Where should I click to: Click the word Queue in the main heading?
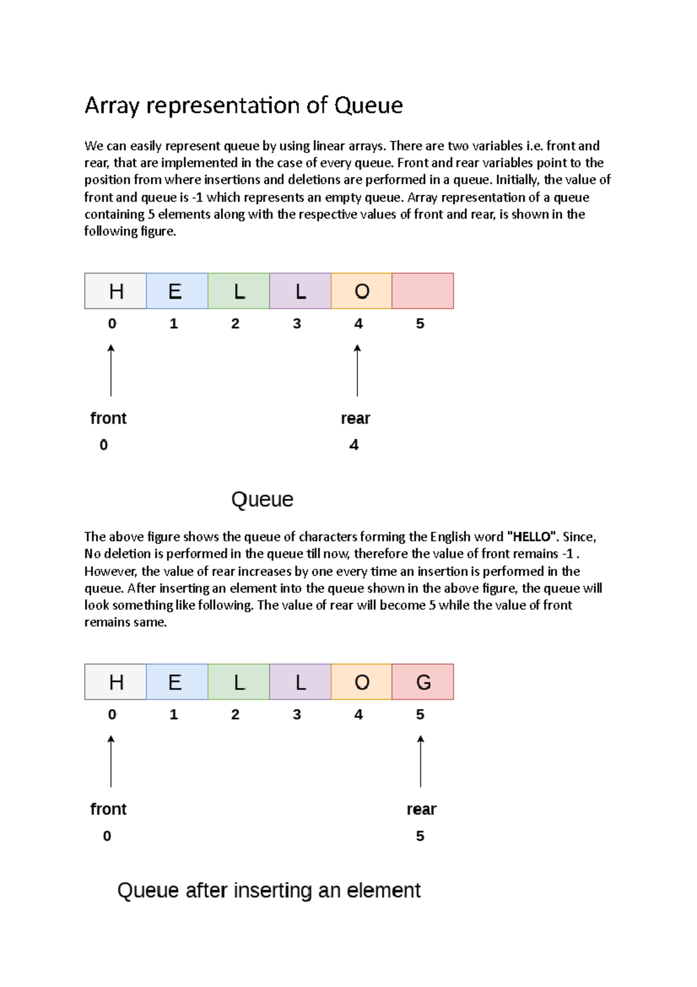368,105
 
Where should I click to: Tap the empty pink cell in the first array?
423,291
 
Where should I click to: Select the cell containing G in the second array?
423,682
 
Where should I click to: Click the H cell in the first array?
116,291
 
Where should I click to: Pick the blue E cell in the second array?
177,682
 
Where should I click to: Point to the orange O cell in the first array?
361,291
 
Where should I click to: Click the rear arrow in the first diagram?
357,370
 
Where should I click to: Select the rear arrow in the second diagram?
421,761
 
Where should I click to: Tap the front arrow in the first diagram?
111,370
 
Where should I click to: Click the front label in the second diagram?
108,809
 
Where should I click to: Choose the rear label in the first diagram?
355,419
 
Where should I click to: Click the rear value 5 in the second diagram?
420,836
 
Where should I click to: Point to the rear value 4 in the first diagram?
354,445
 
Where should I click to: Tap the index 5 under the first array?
420,324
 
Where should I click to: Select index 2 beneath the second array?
235,714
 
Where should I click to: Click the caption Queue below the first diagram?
262,499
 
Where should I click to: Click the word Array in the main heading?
112,106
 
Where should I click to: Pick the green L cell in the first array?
239,291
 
